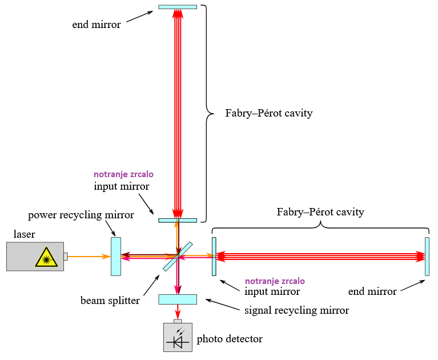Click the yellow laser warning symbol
click(44, 258)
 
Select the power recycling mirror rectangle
click(116, 256)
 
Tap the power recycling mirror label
click(81, 215)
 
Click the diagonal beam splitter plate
click(178, 257)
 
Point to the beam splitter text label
click(110, 300)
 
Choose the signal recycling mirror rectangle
click(178, 299)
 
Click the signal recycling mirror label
click(296, 310)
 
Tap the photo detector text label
click(230, 339)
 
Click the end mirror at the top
click(178, 7)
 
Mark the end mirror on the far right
click(427, 257)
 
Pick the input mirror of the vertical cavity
click(178, 220)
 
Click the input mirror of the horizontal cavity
click(214, 257)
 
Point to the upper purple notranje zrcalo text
click(123, 174)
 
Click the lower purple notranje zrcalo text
click(275, 281)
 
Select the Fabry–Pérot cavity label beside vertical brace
click(269, 113)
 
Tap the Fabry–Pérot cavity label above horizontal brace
click(320, 212)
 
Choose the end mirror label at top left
click(97, 25)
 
